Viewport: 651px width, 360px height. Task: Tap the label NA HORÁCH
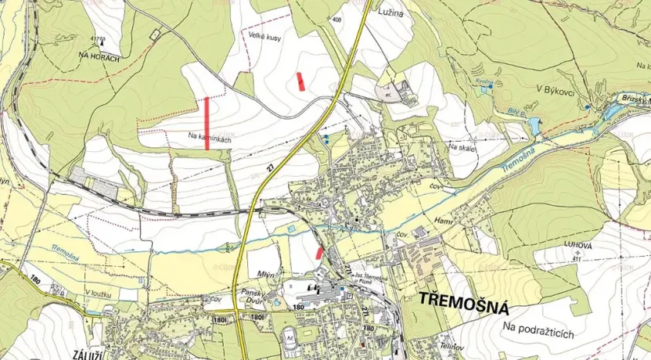pos(99,57)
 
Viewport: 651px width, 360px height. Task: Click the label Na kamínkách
pos(210,136)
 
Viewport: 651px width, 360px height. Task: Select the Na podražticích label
pos(539,333)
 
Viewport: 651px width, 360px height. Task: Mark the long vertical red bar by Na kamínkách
pos(207,123)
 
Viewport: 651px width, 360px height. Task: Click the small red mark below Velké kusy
pos(301,81)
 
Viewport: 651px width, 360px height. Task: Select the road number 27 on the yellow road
pos(270,167)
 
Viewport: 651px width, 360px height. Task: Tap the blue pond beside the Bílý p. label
pos(534,125)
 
